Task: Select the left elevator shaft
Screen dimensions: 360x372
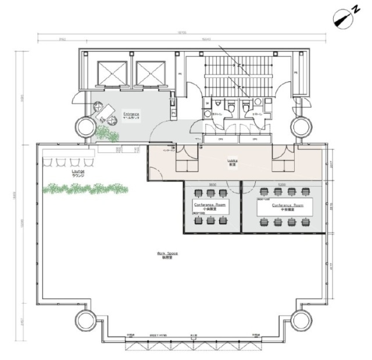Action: [x=111, y=73]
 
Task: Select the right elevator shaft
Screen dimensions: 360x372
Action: [x=148, y=73]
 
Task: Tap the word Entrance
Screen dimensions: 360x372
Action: [x=131, y=113]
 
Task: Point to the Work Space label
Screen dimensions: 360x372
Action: [x=167, y=253]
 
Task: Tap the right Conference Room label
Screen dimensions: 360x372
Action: [x=283, y=205]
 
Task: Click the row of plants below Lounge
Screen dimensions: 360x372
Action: [x=85, y=188]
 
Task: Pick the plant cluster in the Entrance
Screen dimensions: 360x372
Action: [x=107, y=134]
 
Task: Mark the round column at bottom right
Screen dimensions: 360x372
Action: [x=302, y=319]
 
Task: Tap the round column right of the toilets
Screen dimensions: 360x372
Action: [x=302, y=127]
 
